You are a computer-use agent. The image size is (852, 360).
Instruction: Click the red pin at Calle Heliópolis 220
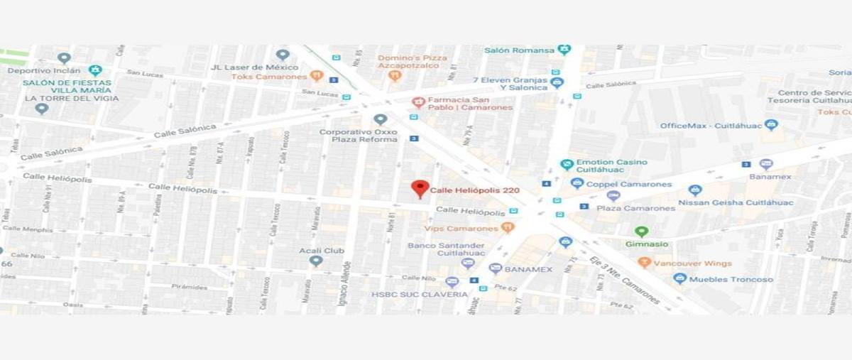[x=420, y=188]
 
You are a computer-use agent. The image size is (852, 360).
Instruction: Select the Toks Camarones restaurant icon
[x=317, y=75]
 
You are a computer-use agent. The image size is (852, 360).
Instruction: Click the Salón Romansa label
[x=519, y=50]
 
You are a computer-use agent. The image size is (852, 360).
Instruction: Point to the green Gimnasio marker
[x=641, y=231]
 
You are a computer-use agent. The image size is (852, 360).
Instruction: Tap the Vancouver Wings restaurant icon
[x=645, y=263]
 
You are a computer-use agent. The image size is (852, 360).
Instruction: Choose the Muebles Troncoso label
[x=731, y=279]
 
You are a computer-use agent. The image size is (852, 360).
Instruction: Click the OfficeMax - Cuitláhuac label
[x=711, y=126]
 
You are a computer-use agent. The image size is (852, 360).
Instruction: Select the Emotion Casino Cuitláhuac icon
[x=567, y=165]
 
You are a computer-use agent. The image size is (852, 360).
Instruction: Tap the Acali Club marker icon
[x=316, y=261]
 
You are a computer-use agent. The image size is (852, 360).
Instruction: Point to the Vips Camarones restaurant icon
[x=507, y=227]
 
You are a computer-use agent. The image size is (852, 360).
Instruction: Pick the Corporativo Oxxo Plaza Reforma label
[x=359, y=136]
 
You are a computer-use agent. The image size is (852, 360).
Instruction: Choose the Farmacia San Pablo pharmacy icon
[x=418, y=102]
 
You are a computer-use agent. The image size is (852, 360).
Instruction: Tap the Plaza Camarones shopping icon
[x=613, y=196]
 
